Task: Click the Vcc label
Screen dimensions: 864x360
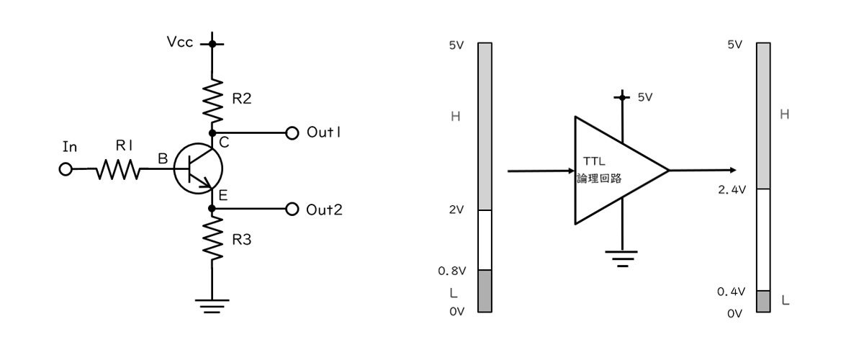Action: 180,42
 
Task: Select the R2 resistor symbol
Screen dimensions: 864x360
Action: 212,100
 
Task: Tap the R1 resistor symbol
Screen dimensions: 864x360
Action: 118,169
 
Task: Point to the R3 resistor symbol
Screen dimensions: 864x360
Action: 212,238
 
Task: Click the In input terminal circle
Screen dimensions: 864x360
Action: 66,169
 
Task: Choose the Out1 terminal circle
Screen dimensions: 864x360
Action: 292,133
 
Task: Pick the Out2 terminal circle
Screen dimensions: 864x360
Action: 292,209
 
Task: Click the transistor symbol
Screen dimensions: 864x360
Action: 198,168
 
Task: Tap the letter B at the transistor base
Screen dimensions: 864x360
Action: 163,158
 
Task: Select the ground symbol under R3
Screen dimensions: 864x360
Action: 212,306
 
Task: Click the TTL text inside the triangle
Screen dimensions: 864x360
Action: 594,161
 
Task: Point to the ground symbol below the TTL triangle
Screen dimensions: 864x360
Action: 622,258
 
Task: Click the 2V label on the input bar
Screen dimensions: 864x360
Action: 456,210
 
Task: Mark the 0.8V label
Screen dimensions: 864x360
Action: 451,271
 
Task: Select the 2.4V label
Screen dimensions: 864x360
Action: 732,189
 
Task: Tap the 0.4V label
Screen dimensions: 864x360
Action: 731,292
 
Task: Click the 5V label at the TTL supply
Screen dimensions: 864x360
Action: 645,97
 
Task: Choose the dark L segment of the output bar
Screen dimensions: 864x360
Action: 763,302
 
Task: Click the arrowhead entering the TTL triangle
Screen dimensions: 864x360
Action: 572,171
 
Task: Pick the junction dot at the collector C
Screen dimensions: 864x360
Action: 212,133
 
